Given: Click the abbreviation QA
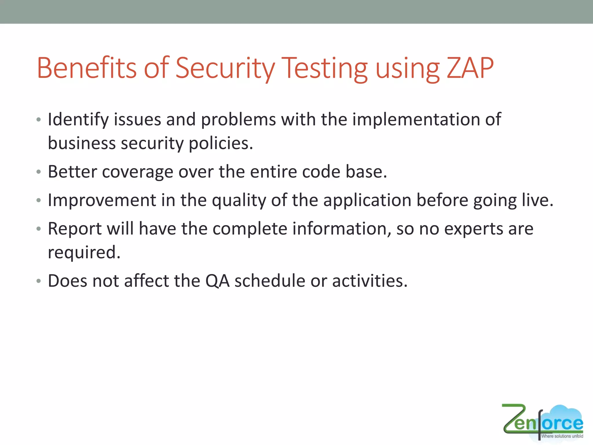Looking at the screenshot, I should (217, 281).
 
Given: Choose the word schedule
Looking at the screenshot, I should (270, 281).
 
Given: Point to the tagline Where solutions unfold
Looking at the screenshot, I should (562, 436).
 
